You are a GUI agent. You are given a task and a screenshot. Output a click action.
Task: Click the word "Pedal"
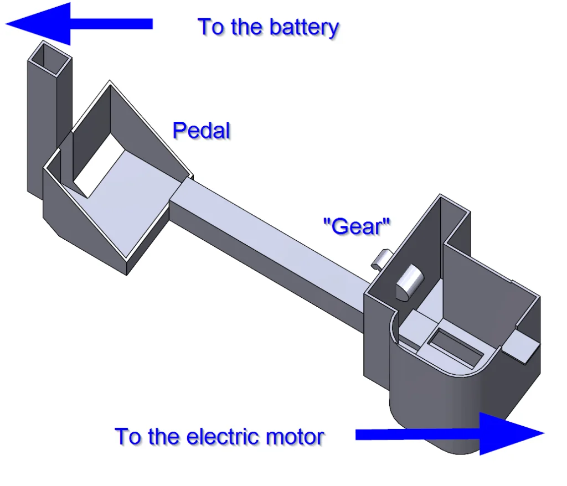click(201, 131)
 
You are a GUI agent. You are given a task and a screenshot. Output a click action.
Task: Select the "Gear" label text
click(357, 226)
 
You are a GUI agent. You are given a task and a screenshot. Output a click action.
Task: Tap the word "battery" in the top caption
click(304, 27)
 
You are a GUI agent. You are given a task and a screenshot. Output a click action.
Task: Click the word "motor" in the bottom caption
click(295, 437)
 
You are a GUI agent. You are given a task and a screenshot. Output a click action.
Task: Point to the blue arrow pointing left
click(78, 23)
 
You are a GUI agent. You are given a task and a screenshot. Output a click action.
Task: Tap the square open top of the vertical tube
click(50, 57)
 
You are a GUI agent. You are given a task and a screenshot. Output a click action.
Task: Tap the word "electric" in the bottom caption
click(223, 437)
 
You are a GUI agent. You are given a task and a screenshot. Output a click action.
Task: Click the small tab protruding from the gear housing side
click(522, 347)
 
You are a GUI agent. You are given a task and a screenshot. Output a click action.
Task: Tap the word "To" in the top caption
click(210, 27)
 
